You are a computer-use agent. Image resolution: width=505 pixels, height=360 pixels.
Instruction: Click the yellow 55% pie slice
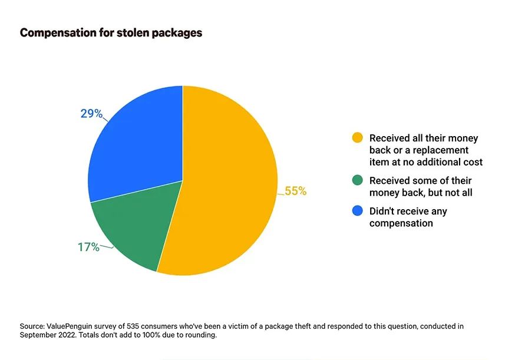coord(226,187)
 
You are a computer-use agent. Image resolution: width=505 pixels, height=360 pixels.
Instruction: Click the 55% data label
coord(296,191)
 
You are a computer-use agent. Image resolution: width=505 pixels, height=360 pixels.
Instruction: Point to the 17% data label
coord(88,247)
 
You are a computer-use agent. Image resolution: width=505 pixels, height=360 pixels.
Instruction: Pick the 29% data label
coord(91,114)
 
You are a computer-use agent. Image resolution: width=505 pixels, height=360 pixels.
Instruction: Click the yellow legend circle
coord(358,137)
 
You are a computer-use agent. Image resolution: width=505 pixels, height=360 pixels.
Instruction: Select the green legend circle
coord(358,180)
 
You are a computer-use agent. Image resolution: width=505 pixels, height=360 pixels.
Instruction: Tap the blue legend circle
coord(358,210)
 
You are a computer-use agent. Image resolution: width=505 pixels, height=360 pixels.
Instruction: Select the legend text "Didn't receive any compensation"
coord(408,217)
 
